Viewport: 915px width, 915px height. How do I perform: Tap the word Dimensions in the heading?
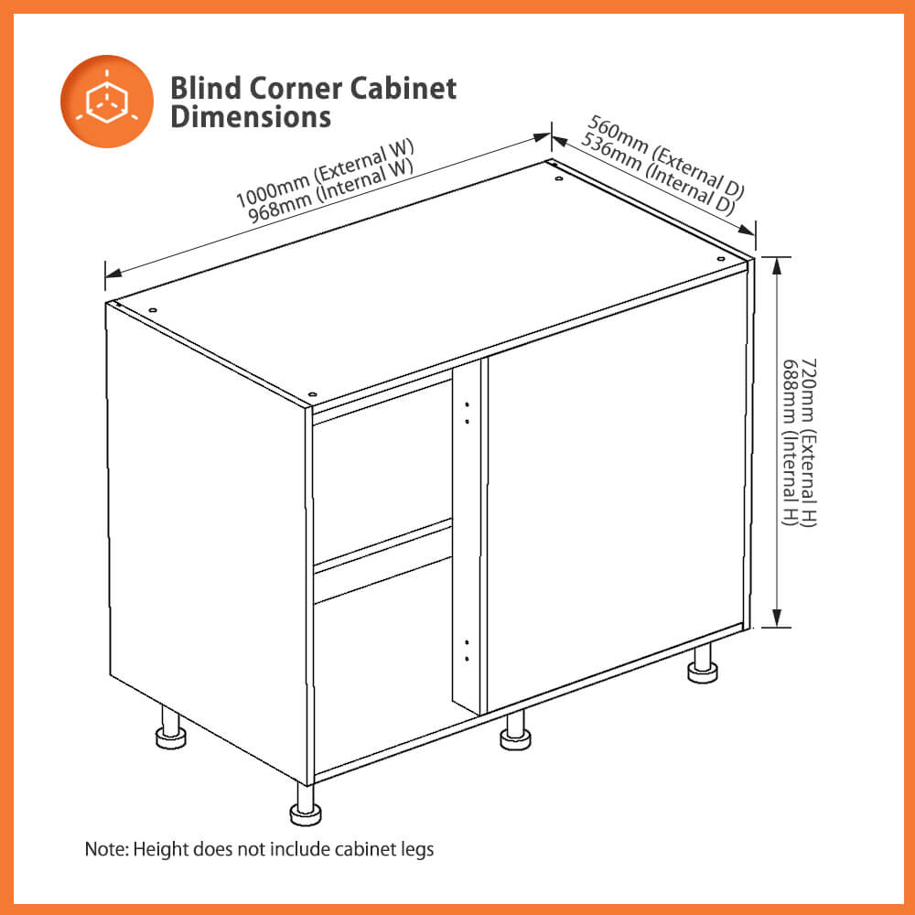tap(250, 117)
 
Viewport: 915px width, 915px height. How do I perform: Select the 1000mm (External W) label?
tap(325, 173)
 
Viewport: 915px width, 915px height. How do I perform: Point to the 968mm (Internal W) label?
tap(332, 190)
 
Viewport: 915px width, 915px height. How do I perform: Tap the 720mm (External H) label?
tap(808, 442)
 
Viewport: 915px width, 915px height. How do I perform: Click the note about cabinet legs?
tap(259, 849)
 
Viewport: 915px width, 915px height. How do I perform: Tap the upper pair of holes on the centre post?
tap(467, 413)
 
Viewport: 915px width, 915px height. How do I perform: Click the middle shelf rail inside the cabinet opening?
tap(382, 548)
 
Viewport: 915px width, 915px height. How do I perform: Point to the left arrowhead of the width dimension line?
tap(112, 272)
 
